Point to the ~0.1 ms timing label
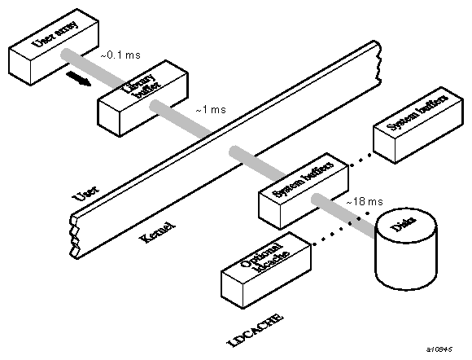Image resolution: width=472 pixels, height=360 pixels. [x=119, y=55]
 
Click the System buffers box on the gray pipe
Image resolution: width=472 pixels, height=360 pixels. [x=291, y=192]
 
